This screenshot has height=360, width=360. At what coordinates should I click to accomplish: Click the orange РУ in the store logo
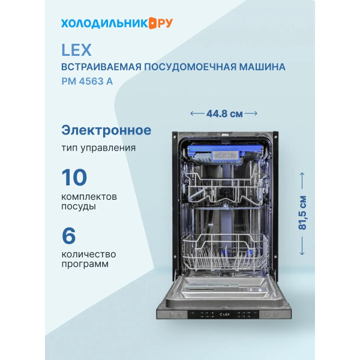(x=166, y=23)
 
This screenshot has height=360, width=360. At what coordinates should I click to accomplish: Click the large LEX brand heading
(x=76, y=50)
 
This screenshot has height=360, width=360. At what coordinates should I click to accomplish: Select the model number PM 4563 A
(x=87, y=81)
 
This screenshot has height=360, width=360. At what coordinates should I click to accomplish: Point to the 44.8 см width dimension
(x=224, y=113)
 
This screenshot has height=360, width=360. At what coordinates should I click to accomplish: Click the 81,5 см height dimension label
(x=302, y=212)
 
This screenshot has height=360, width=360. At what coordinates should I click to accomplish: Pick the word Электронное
(x=106, y=130)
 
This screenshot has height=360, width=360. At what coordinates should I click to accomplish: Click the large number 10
(x=74, y=177)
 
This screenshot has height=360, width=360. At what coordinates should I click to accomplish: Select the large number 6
(x=68, y=236)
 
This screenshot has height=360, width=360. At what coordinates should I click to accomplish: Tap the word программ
(x=85, y=264)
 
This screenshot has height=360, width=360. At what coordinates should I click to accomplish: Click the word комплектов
(x=89, y=197)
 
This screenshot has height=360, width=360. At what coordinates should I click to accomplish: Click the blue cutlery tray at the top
(x=225, y=154)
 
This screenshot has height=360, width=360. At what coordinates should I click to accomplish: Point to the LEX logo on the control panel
(x=225, y=314)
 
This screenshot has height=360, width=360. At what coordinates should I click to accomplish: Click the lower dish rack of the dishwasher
(x=225, y=253)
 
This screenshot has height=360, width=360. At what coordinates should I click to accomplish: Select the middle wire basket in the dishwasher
(x=226, y=188)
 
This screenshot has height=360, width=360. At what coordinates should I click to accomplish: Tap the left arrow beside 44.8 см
(x=197, y=113)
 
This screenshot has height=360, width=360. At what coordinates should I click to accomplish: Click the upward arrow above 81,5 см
(x=302, y=181)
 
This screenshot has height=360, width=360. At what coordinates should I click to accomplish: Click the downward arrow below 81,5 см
(x=302, y=246)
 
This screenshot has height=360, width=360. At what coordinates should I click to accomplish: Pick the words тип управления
(x=98, y=148)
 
